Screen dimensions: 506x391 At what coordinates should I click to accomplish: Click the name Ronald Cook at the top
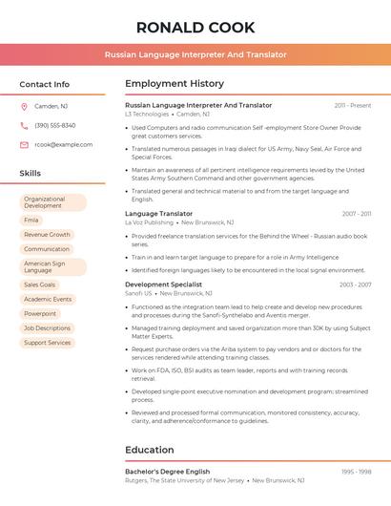tap(195, 27)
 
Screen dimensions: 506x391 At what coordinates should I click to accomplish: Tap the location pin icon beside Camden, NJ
tap(24, 106)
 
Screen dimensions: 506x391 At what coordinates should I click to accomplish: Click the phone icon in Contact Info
tap(24, 125)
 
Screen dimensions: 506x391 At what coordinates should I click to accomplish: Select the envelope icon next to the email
tap(24, 144)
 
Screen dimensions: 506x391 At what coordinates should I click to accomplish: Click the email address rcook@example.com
tap(63, 144)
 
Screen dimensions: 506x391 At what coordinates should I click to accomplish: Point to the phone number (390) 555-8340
tap(54, 125)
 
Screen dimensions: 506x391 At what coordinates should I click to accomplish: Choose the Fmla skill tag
tap(32, 220)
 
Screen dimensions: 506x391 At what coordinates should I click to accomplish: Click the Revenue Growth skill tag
tap(47, 234)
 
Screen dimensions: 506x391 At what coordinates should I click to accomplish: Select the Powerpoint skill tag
tap(40, 313)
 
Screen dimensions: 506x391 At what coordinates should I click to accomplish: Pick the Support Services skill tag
tap(48, 342)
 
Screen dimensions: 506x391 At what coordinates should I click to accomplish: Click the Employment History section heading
tap(175, 84)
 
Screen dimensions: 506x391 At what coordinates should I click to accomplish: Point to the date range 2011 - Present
tap(352, 105)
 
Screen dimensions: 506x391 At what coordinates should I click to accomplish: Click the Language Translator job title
tap(158, 214)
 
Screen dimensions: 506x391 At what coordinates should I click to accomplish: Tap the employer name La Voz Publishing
tap(150, 222)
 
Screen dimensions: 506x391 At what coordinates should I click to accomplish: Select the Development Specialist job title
tap(163, 285)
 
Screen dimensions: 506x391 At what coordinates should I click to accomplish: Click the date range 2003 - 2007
tap(355, 285)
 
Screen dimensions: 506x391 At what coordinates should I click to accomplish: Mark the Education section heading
tap(150, 450)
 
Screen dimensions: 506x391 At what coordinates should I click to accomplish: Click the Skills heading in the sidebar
tap(31, 174)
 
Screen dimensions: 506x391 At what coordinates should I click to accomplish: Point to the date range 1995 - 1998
tap(355, 472)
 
